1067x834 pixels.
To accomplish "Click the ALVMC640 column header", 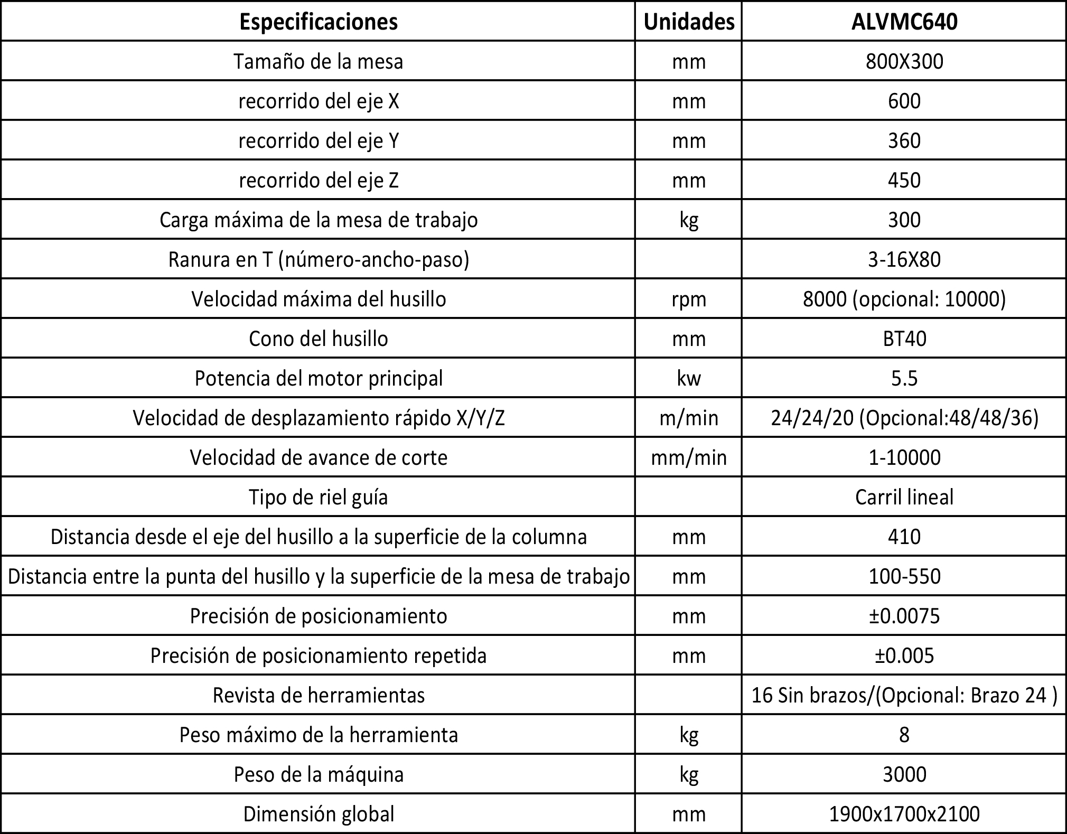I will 904,22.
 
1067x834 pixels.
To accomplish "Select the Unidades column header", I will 689,22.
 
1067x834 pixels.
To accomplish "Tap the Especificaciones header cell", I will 319,22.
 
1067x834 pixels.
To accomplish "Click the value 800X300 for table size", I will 904,62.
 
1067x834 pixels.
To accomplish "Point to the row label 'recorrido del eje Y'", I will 319,141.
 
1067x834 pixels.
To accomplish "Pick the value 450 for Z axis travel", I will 904,181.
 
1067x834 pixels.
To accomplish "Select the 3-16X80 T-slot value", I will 904,260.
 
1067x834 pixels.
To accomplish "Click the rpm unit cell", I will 689,299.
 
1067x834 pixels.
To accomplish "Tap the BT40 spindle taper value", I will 904,339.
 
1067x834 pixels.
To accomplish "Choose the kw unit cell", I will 689,379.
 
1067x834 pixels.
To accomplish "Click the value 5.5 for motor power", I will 904,379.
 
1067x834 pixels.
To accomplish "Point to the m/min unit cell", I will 689,418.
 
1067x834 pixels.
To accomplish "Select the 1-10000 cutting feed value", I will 904,457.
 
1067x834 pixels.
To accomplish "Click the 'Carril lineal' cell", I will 904,497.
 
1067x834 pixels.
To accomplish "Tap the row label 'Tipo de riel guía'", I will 319,497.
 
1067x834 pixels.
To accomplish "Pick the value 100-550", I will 904,576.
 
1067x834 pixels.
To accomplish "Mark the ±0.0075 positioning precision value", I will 904,616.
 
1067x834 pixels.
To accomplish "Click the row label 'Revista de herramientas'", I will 319,695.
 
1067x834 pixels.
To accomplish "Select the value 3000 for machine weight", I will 904,774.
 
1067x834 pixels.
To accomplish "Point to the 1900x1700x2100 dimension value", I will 904,814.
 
